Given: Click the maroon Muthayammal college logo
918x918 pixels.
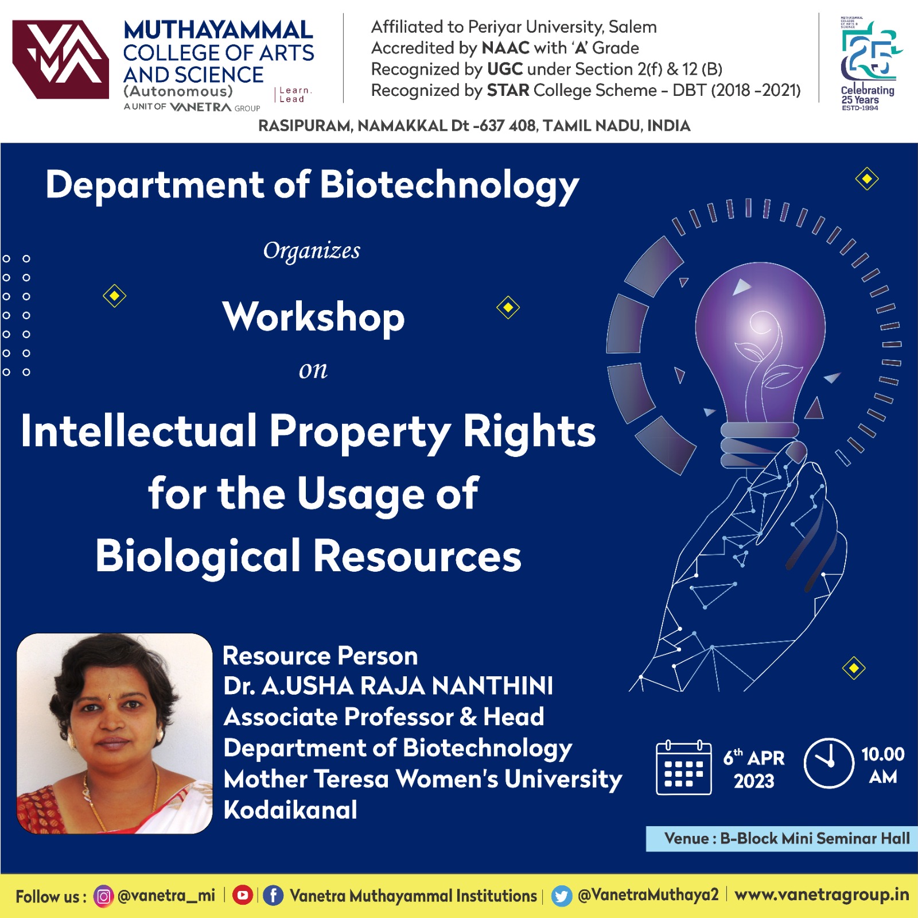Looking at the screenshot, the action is tap(61, 59).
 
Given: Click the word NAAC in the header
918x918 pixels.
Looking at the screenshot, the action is tap(505, 48).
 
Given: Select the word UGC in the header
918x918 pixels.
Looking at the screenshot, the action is tap(504, 69).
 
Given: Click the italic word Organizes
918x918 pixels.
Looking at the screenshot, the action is tap(312, 251).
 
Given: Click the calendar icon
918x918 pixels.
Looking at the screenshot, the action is tap(684, 768).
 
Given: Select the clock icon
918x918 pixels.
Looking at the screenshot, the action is tap(828, 763).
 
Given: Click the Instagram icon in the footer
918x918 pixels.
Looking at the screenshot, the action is tap(103, 896).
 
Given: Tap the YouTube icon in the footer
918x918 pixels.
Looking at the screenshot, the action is tap(243, 895).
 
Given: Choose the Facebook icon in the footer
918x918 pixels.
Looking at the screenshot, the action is tap(273, 896).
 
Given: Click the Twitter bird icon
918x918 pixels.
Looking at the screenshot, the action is tap(562, 896).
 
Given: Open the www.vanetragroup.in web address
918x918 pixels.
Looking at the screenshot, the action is tap(822, 894).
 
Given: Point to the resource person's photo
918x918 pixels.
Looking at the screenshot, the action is tap(114, 733).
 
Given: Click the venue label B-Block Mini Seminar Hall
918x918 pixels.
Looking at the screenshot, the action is tap(815, 838).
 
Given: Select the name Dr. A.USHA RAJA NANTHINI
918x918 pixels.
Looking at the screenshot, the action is tap(388, 685).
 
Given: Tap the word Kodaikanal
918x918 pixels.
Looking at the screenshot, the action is tap(290, 810).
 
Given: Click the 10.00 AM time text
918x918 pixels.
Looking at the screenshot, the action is tap(882, 765).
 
